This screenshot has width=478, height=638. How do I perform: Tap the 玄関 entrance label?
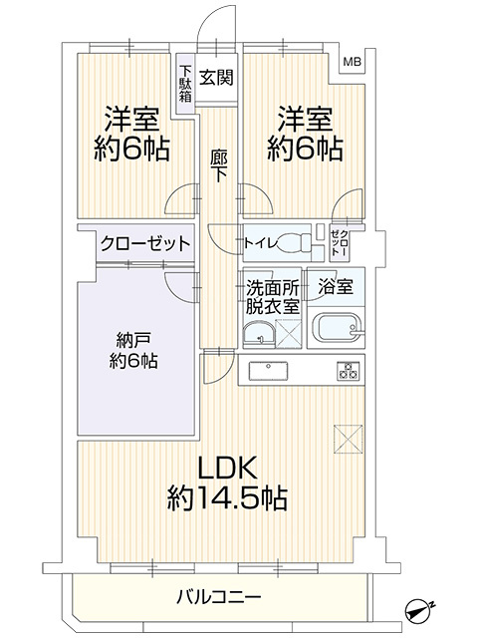point(216,78)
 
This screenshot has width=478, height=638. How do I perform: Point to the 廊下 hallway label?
point(218,164)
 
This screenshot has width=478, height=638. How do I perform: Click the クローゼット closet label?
point(131,243)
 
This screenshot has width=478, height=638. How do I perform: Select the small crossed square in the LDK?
point(348,436)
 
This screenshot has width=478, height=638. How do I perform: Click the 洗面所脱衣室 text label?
point(272,297)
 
